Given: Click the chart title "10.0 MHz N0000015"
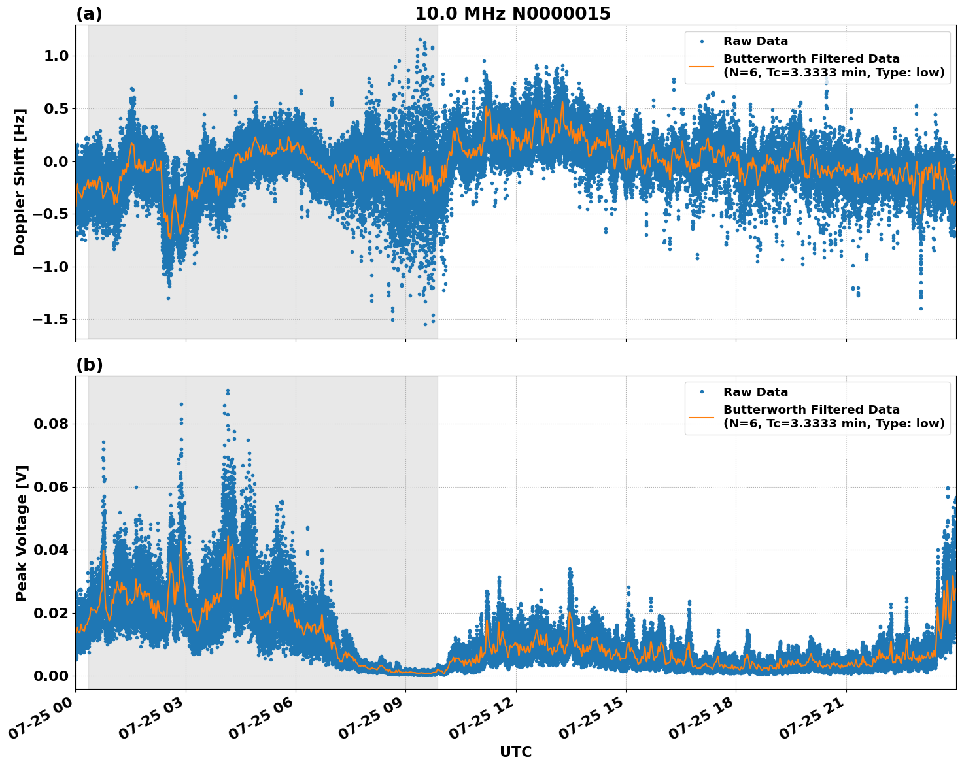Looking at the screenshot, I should click(512, 14).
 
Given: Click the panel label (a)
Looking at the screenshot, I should click(89, 14).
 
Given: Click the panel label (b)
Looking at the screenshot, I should click(89, 365).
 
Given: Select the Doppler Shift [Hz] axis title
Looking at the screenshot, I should click(20, 182).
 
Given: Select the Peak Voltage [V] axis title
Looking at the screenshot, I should click(22, 533).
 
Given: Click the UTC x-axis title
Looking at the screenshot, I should click(515, 752).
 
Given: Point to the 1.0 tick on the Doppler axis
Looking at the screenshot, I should click(56, 56).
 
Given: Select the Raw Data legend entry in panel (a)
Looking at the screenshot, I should click(755, 42).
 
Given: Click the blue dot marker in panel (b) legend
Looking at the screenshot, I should click(702, 392).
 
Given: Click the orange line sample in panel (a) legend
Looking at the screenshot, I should click(702, 65).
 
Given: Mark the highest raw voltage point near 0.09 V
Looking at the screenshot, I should click(228, 391).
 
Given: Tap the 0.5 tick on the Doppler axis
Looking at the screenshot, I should click(56, 108).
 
